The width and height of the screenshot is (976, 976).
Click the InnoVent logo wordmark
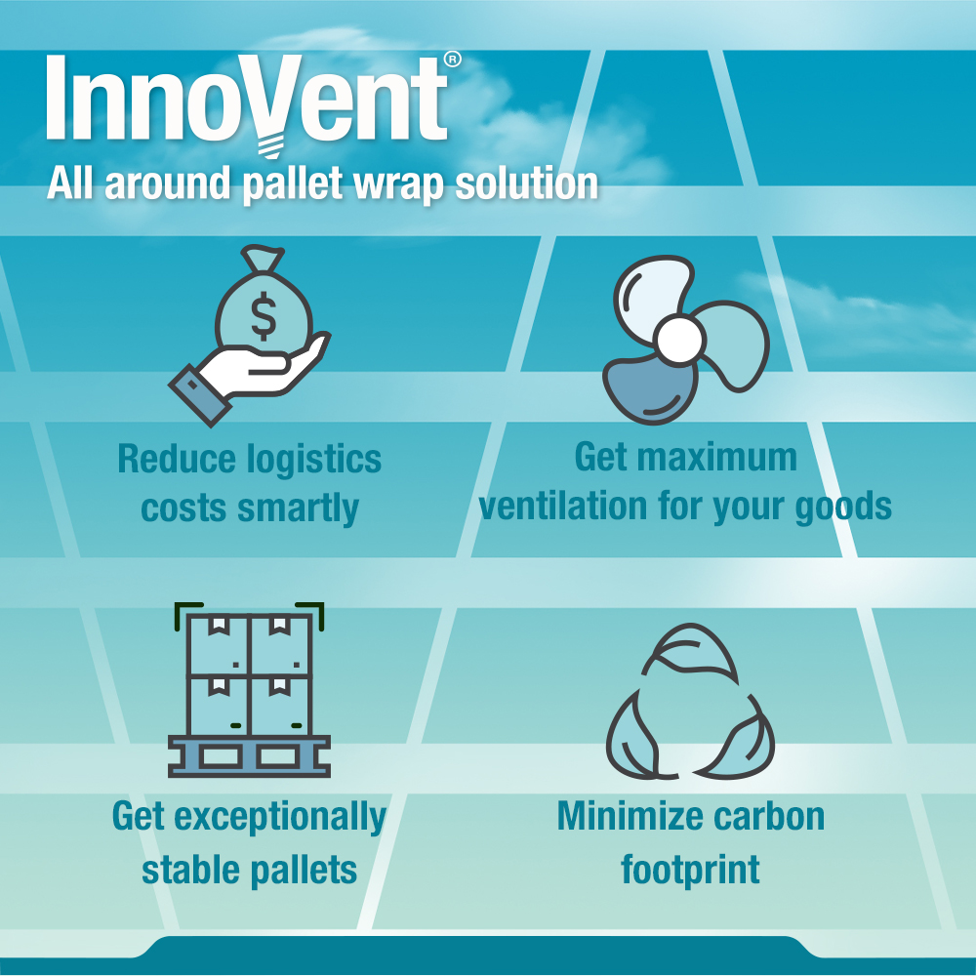point(247,99)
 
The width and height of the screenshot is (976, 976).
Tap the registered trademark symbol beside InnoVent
point(453,60)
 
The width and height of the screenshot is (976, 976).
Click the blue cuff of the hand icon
point(199,394)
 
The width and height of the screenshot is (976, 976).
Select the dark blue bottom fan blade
point(650,390)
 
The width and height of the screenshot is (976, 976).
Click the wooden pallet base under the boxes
point(249,756)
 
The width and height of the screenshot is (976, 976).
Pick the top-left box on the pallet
point(218,644)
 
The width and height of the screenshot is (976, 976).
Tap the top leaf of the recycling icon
point(689,655)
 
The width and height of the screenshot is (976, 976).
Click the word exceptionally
point(280,817)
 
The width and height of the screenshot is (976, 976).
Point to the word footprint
point(690,870)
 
